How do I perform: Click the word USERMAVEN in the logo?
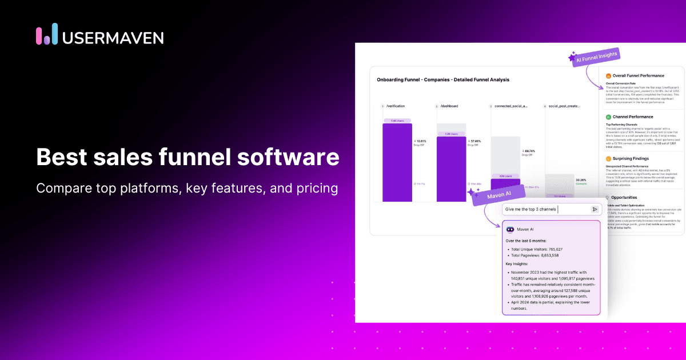click(112, 37)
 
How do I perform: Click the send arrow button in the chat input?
click(595, 209)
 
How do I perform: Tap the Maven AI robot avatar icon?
click(510, 229)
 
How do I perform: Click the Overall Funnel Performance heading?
click(638, 75)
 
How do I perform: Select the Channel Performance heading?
click(632, 117)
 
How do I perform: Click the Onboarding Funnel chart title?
click(443, 79)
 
